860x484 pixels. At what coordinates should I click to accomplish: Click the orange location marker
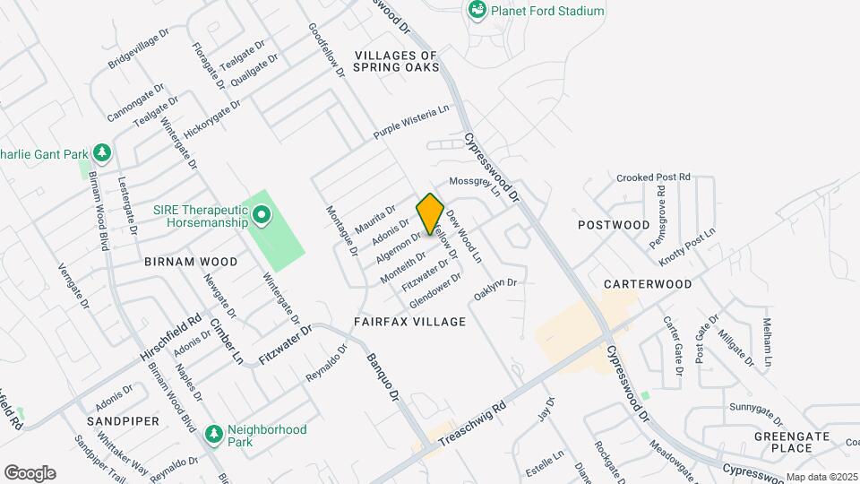pos(430,214)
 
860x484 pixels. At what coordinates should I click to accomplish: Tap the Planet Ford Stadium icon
pos(477,11)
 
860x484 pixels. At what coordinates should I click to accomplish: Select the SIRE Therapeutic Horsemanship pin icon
pos(262,215)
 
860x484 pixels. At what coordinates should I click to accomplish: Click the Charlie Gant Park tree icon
pos(102,153)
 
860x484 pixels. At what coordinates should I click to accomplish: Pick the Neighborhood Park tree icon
pos(213,435)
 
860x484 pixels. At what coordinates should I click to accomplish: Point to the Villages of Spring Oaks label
pos(395,61)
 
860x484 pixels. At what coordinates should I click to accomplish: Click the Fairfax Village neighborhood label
pos(409,321)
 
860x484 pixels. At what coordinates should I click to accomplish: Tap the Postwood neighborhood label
pos(614,224)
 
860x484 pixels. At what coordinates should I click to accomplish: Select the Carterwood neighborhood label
pos(648,284)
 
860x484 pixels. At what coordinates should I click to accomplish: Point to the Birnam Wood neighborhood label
pos(191,262)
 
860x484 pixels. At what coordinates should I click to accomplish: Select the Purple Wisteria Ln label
pos(410,121)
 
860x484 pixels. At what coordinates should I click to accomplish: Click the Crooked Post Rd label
pos(654,177)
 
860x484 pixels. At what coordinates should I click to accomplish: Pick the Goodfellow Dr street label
pos(326,50)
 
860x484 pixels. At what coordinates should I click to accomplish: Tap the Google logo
pos(30,473)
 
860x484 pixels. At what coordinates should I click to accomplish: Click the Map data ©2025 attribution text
pos(821,477)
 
